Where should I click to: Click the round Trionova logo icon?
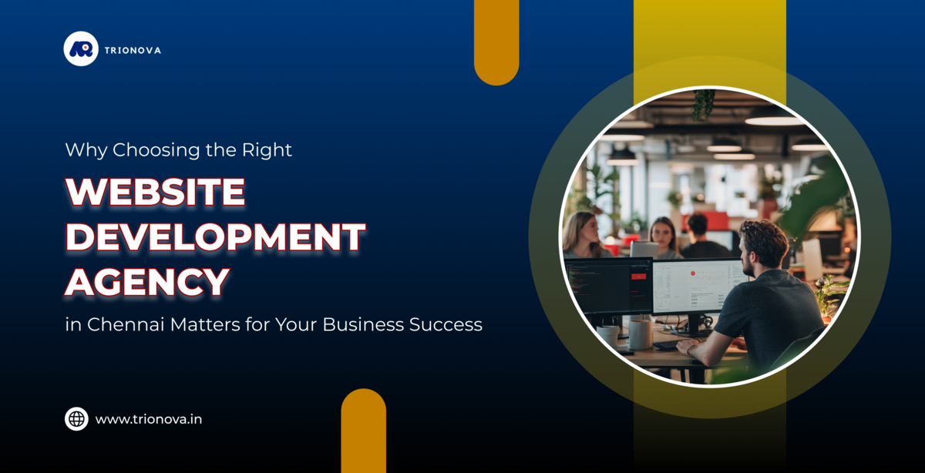pyautogui.click(x=81, y=49)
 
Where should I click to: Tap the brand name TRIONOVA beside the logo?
pyautogui.click(x=136, y=50)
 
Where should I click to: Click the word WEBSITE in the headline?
pyautogui.click(x=155, y=192)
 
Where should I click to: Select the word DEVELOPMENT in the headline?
pyautogui.click(x=215, y=237)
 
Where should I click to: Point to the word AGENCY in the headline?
pyautogui.click(x=146, y=282)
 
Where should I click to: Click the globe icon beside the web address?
pyautogui.click(x=76, y=419)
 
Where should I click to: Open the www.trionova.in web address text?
pyautogui.click(x=149, y=420)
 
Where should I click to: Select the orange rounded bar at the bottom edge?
pyautogui.click(x=364, y=431)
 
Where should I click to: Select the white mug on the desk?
pyautogui.click(x=641, y=334)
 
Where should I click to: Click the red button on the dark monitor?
pyautogui.click(x=639, y=275)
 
